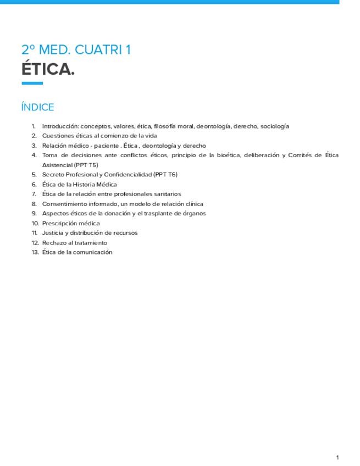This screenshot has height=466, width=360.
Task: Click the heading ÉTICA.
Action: tap(48, 70)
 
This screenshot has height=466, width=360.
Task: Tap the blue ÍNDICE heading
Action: tap(37, 107)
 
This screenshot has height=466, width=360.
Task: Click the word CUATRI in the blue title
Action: tap(98, 50)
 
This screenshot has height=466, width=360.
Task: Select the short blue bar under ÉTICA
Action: tap(32, 84)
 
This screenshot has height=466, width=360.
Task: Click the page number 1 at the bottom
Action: tap(337, 457)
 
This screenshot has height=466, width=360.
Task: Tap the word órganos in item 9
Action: tap(193, 214)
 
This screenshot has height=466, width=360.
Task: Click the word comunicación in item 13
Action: tap(93, 252)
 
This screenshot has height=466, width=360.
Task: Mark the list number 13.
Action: tap(35, 252)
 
